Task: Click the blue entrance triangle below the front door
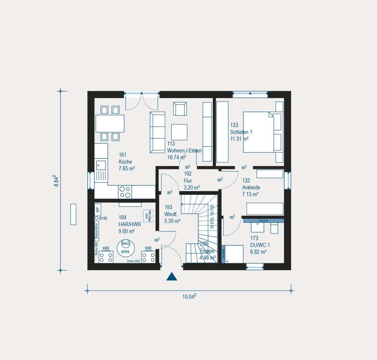click(172, 277)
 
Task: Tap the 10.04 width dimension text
click(189, 296)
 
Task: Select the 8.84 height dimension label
click(56, 181)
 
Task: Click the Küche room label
click(125, 162)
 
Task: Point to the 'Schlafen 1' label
click(241, 132)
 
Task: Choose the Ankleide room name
click(251, 188)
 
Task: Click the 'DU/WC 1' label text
click(260, 245)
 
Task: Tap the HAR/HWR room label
click(130, 224)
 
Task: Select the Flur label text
click(188, 181)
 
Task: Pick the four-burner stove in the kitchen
click(125, 192)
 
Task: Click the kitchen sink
click(101, 165)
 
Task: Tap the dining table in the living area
click(110, 124)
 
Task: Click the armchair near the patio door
click(180, 109)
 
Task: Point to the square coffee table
click(179, 132)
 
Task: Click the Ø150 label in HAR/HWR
click(103, 218)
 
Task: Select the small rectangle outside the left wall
click(73, 214)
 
